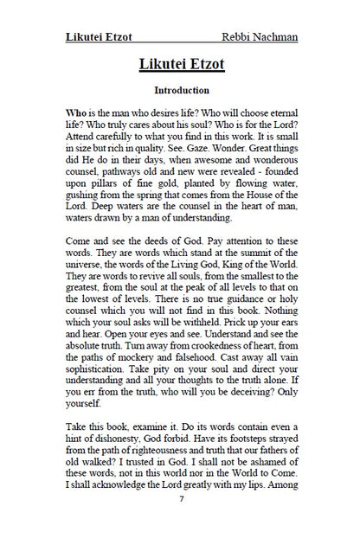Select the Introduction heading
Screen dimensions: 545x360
(x=181, y=90)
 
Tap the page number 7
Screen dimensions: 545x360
(x=181, y=500)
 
